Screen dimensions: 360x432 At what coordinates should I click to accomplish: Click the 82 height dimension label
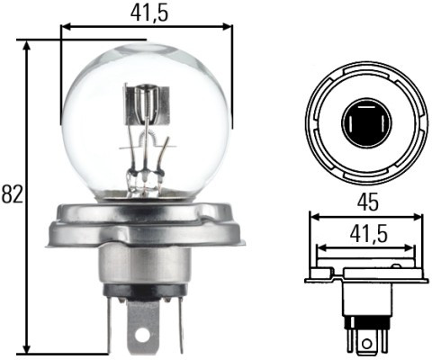[12, 193]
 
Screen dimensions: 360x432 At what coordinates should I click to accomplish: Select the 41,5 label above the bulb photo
[145, 13]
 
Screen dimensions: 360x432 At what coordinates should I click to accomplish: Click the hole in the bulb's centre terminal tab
[142, 334]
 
